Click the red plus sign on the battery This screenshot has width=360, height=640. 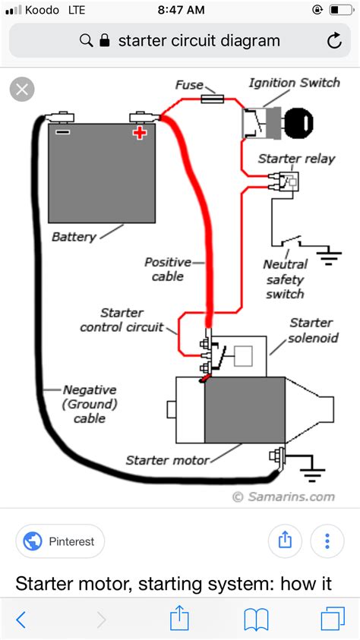(x=140, y=133)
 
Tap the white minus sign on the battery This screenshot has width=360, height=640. (x=62, y=132)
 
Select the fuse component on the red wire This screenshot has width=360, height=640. (x=212, y=99)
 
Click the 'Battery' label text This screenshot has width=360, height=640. (x=74, y=236)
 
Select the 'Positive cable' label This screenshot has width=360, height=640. (x=168, y=269)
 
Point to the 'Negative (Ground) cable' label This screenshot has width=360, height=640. (x=90, y=404)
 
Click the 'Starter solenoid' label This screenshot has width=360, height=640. (x=314, y=330)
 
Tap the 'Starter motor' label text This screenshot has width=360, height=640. (x=167, y=460)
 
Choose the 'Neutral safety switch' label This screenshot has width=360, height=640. (x=285, y=279)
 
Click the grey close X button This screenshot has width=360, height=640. (x=22, y=90)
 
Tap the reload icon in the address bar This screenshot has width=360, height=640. (x=334, y=41)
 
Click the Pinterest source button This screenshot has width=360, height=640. (x=60, y=541)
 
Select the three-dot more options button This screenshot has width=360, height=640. (x=327, y=541)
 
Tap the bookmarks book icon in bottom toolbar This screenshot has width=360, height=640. (x=256, y=620)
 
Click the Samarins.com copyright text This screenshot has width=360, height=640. (x=284, y=497)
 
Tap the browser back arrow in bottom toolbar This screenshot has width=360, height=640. (x=21, y=620)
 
